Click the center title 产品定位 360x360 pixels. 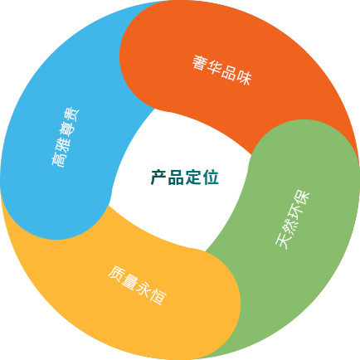pos(185,178)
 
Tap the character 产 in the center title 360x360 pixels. pos(158,178)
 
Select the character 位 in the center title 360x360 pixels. pos(211,178)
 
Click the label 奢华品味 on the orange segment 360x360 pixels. pos(222,70)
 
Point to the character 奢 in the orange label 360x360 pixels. pos(201,63)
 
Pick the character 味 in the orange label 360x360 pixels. pos(244,77)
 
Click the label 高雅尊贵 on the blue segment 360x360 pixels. pos(65,137)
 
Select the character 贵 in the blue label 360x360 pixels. pos(71,115)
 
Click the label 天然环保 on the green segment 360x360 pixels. pos(293,220)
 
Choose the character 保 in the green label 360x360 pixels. pos(303,199)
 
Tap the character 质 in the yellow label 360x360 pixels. pos(116,275)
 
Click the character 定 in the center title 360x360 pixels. pos(193,178)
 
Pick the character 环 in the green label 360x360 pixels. pos(296,213)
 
